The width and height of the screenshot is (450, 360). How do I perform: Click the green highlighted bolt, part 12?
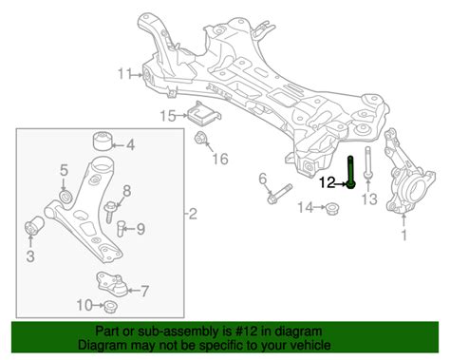(350, 172)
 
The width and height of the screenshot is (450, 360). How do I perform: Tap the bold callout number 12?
(327, 182)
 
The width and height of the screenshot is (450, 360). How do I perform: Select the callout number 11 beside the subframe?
(124, 74)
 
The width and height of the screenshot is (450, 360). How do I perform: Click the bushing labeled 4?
(103, 141)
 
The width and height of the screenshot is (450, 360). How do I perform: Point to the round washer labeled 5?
(66, 196)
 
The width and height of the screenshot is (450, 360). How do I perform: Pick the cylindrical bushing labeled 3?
(34, 225)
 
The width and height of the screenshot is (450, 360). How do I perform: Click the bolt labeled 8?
(109, 212)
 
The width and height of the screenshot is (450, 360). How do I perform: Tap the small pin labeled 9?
(120, 229)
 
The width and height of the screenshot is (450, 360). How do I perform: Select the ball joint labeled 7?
(112, 284)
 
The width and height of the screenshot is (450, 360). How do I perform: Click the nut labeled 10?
(111, 306)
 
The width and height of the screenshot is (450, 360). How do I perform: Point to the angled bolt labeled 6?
(279, 194)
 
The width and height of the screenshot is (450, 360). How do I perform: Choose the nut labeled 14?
(331, 208)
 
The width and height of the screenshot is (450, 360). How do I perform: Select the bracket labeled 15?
(204, 114)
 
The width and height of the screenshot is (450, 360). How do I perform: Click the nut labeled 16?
(200, 138)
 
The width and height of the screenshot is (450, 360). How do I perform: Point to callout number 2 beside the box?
(193, 215)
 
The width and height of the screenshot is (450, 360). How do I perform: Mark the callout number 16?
(220, 159)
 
